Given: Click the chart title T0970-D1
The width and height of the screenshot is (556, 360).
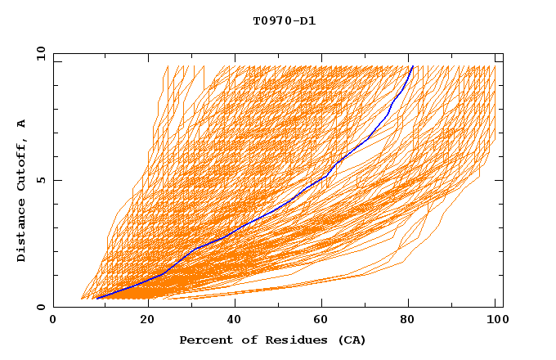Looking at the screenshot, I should (284, 21).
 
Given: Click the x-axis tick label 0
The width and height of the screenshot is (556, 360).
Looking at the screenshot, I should (53, 321).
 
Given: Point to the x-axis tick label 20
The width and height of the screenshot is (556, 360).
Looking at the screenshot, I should (147, 321).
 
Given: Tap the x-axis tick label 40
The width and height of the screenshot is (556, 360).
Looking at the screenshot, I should (236, 321).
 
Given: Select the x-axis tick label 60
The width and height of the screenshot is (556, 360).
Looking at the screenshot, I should (325, 321).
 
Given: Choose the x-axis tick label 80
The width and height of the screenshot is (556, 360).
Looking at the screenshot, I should (414, 321).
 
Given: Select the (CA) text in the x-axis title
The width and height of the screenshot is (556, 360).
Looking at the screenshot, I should (350, 340).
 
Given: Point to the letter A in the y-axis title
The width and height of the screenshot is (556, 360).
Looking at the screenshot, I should (22, 124).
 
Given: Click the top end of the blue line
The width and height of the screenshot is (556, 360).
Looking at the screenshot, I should (413, 66).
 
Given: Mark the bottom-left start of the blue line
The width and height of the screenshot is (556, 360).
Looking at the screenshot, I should (96, 299).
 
